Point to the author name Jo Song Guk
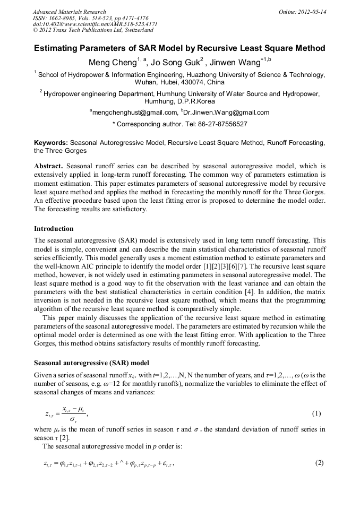pos(175,63)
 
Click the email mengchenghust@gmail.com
pos(135,113)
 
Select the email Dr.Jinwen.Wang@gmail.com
pos(227,113)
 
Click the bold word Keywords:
pos(51,143)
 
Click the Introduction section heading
pos(54,229)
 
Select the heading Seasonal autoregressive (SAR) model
pos(91,364)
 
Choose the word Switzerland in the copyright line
pos(136,30)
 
